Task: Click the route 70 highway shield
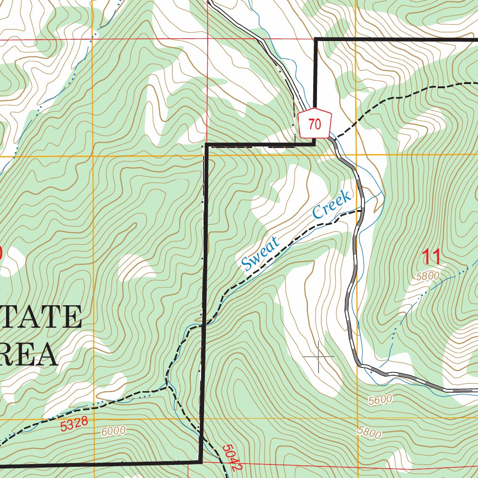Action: pos(315,125)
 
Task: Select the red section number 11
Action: pos(431,257)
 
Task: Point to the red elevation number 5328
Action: pos(74,425)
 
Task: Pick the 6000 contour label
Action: pos(113,431)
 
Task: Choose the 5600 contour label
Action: pos(380,400)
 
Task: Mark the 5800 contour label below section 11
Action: pos(428,276)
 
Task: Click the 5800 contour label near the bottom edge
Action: pos(369,432)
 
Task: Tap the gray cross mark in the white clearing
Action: pos(319,357)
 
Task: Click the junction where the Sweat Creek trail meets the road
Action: pos(362,211)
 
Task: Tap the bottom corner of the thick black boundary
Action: pos(201,462)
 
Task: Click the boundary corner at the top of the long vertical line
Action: pos(206,146)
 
